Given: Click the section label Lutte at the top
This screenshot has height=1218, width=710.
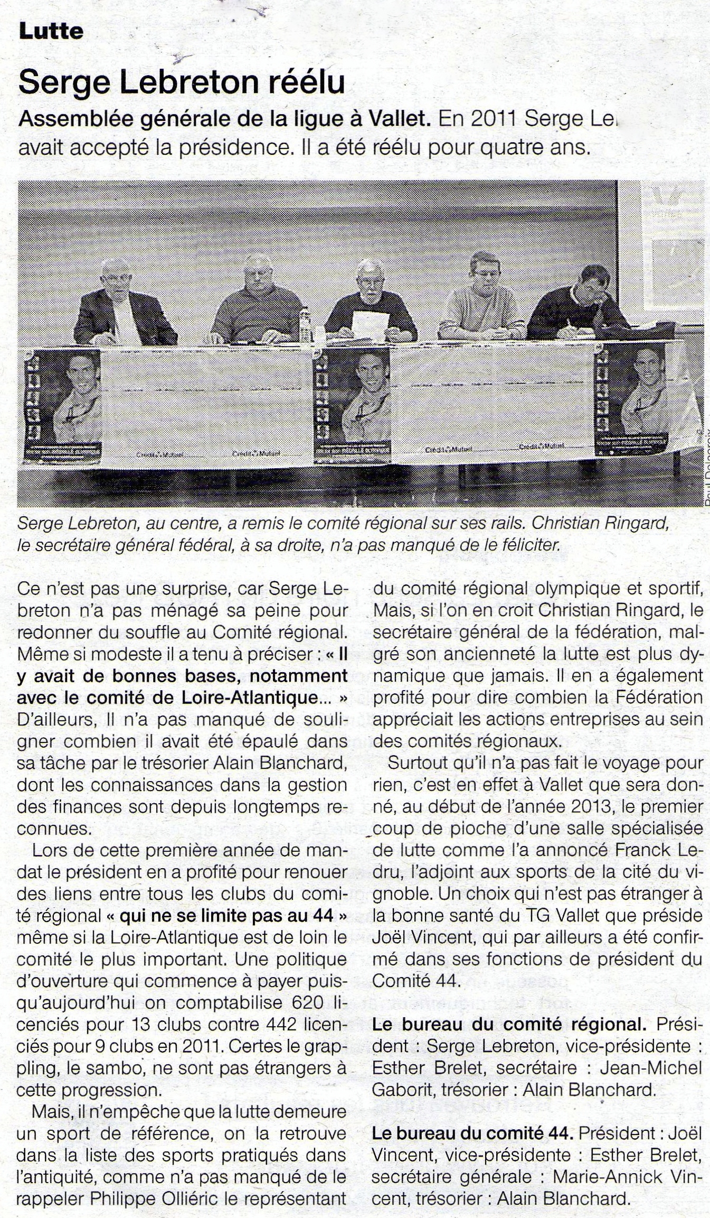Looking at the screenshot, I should tap(51, 32).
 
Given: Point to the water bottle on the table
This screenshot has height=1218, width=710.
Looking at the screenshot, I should tap(305, 324).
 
